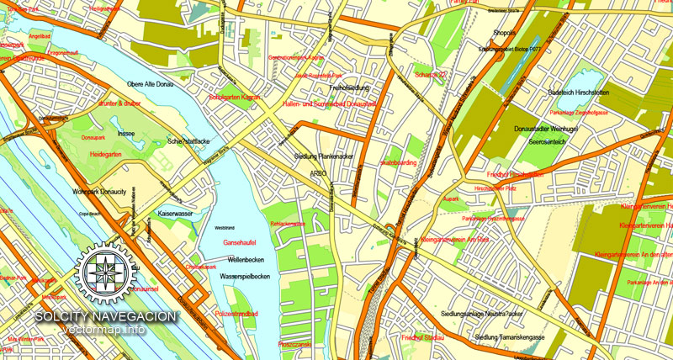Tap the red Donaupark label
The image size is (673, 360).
[93, 136]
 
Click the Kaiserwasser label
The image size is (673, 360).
[176, 214]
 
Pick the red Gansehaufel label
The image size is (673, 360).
[238, 242]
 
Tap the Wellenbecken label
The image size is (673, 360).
[246, 259]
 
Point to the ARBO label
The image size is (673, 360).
[318, 173]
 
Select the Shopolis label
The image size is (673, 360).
[504, 34]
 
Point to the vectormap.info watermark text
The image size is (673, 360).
[104, 329]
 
